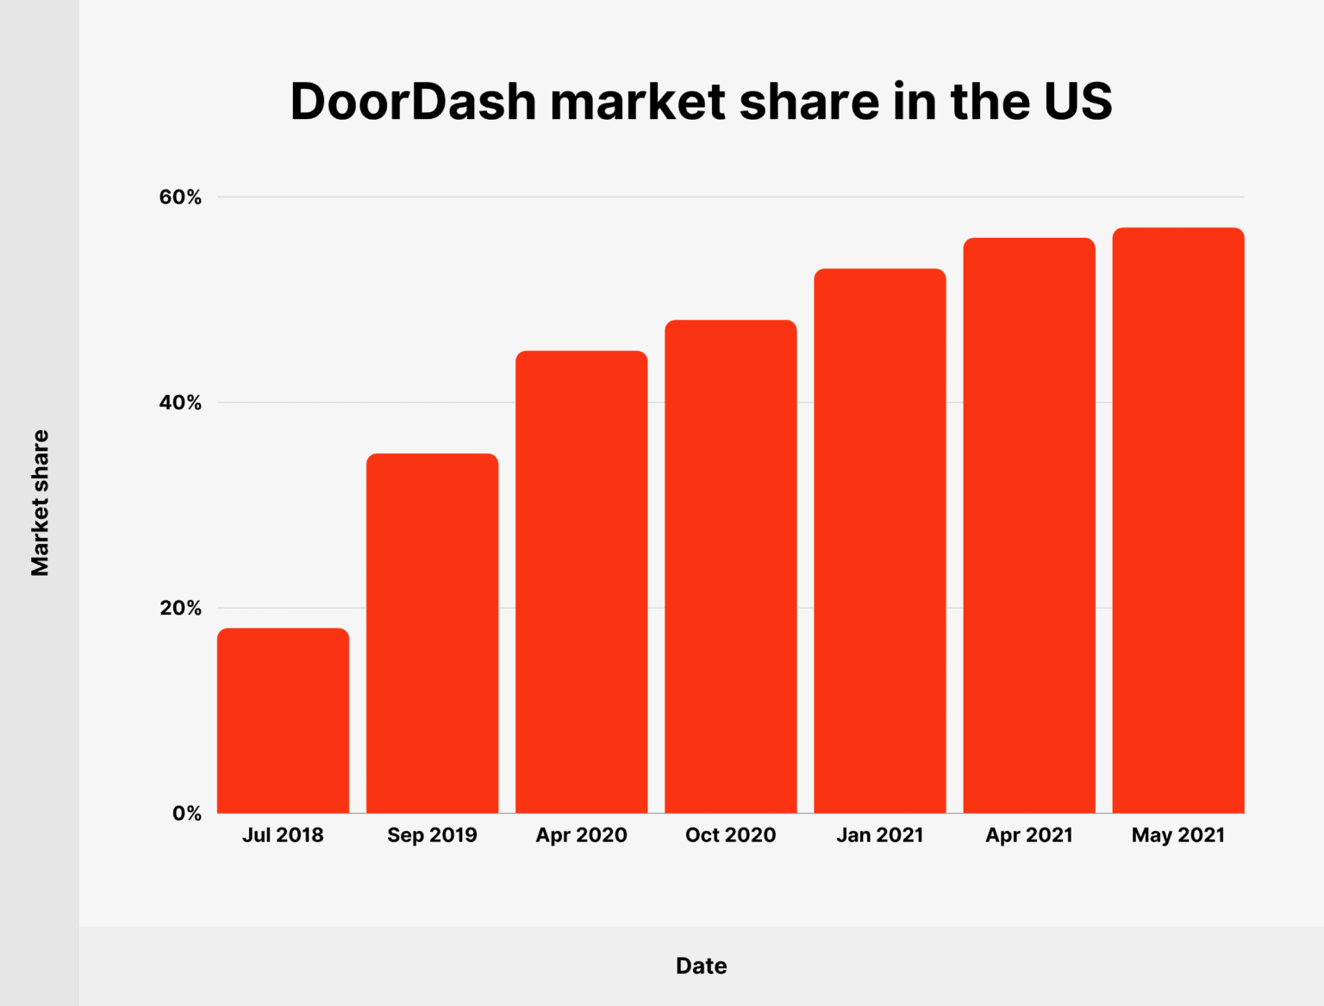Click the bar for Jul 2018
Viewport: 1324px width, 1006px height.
[283, 721]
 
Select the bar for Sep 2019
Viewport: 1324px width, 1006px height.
[432, 633]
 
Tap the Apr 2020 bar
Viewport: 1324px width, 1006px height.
[581, 582]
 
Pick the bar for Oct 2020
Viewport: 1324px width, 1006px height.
[730, 566]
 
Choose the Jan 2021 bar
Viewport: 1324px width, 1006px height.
[879, 540]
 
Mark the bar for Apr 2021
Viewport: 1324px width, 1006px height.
[1028, 525]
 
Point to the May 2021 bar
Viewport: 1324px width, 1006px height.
[1177, 520]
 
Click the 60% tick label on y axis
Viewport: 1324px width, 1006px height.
[180, 197]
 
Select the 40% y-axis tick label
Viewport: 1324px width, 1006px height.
[180, 403]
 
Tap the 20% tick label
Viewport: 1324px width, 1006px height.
[180, 608]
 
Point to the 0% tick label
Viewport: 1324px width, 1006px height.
[187, 813]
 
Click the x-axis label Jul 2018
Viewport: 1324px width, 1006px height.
[283, 834]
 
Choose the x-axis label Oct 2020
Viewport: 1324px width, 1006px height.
[730, 834]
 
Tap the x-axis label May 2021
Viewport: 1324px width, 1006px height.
[1177, 834]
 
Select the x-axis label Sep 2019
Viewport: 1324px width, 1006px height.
[432, 834]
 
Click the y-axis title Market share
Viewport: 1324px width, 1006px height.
[40, 503]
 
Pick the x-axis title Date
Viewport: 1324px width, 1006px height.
[701, 965]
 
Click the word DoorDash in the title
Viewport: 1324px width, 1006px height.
[414, 102]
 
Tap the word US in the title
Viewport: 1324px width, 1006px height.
[1077, 102]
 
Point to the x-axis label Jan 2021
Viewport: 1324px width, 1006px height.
[879, 834]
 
